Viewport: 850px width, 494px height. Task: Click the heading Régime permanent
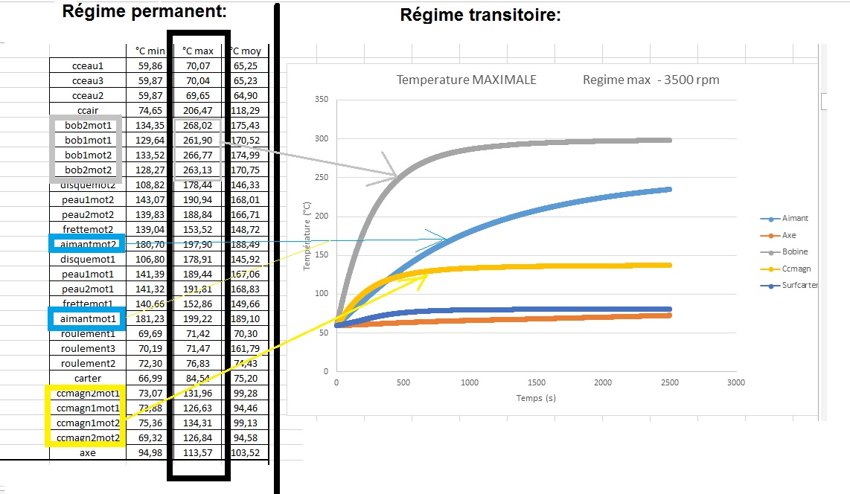point(144,11)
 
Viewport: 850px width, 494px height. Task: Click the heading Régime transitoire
point(480,15)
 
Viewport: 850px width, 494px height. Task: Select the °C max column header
point(197,51)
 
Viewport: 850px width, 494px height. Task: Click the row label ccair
point(87,110)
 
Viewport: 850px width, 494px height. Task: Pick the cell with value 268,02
point(197,125)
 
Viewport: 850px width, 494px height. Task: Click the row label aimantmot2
point(88,244)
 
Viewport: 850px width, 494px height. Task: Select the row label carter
point(87,378)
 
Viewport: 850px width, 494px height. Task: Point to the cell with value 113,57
point(197,452)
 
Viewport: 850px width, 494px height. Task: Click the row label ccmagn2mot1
point(87,393)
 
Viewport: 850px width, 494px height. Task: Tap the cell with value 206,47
point(197,110)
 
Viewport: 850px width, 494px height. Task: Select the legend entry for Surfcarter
point(799,285)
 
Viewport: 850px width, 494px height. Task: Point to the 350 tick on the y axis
point(321,99)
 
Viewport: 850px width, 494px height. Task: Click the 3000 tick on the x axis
point(735,382)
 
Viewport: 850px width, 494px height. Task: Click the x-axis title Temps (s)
point(536,398)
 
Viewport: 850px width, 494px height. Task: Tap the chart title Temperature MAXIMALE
point(466,80)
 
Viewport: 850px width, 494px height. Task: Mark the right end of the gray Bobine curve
point(670,140)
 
